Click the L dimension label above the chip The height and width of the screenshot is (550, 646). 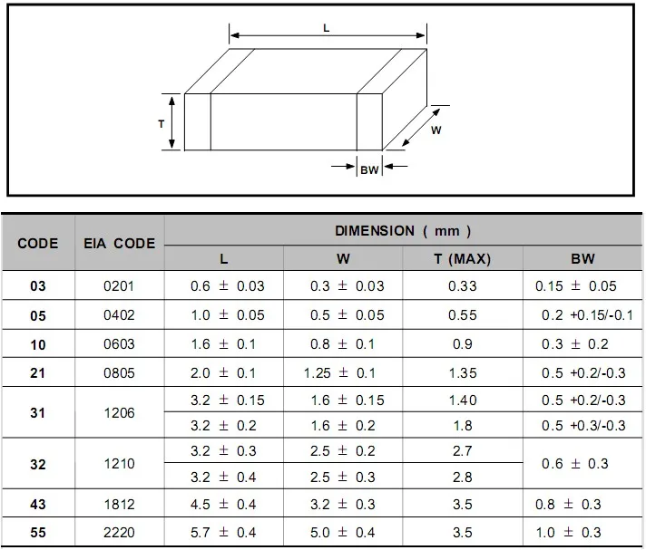[x=326, y=28]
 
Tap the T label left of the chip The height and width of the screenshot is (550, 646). [x=161, y=123]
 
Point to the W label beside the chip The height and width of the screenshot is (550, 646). [x=436, y=130]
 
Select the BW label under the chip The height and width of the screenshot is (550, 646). [x=369, y=170]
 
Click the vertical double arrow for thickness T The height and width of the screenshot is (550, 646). [x=171, y=121]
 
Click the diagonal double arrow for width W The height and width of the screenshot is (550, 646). [x=421, y=127]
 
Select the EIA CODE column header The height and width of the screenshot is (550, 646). [x=120, y=243]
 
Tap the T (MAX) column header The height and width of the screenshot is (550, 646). [x=462, y=259]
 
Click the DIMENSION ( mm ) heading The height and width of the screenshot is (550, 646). [x=403, y=231]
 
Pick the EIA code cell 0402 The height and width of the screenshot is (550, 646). [x=119, y=315]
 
